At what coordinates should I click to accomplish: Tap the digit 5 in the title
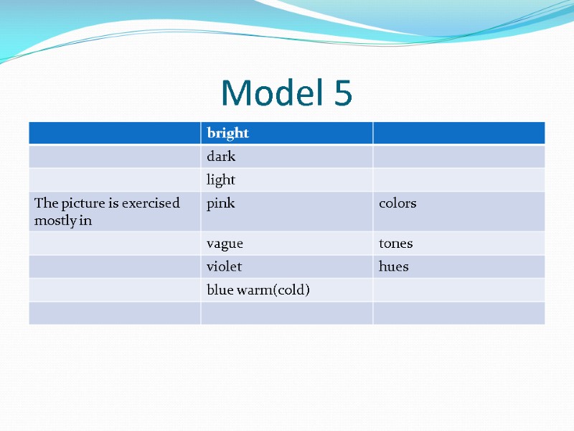point(342,93)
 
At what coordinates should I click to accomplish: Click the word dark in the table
point(221,157)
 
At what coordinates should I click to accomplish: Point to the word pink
point(220,204)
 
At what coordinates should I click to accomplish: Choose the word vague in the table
point(225,244)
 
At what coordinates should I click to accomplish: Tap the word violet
point(225,267)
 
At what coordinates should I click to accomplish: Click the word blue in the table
point(219,290)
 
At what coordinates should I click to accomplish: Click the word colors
point(397,203)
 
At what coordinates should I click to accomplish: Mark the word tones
point(396,244)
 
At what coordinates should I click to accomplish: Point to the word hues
point(394,267)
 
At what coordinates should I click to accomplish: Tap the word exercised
point(150,203)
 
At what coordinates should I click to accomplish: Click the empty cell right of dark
point(458,157)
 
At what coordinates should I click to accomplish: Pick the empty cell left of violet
point(115,267)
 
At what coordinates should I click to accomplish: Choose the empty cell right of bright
point(458,133)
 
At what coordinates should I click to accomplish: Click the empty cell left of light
point(115,180)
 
